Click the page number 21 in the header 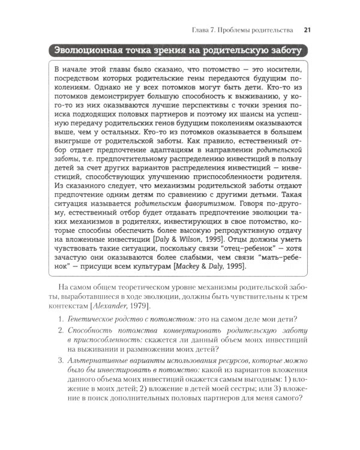click(307, 29)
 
